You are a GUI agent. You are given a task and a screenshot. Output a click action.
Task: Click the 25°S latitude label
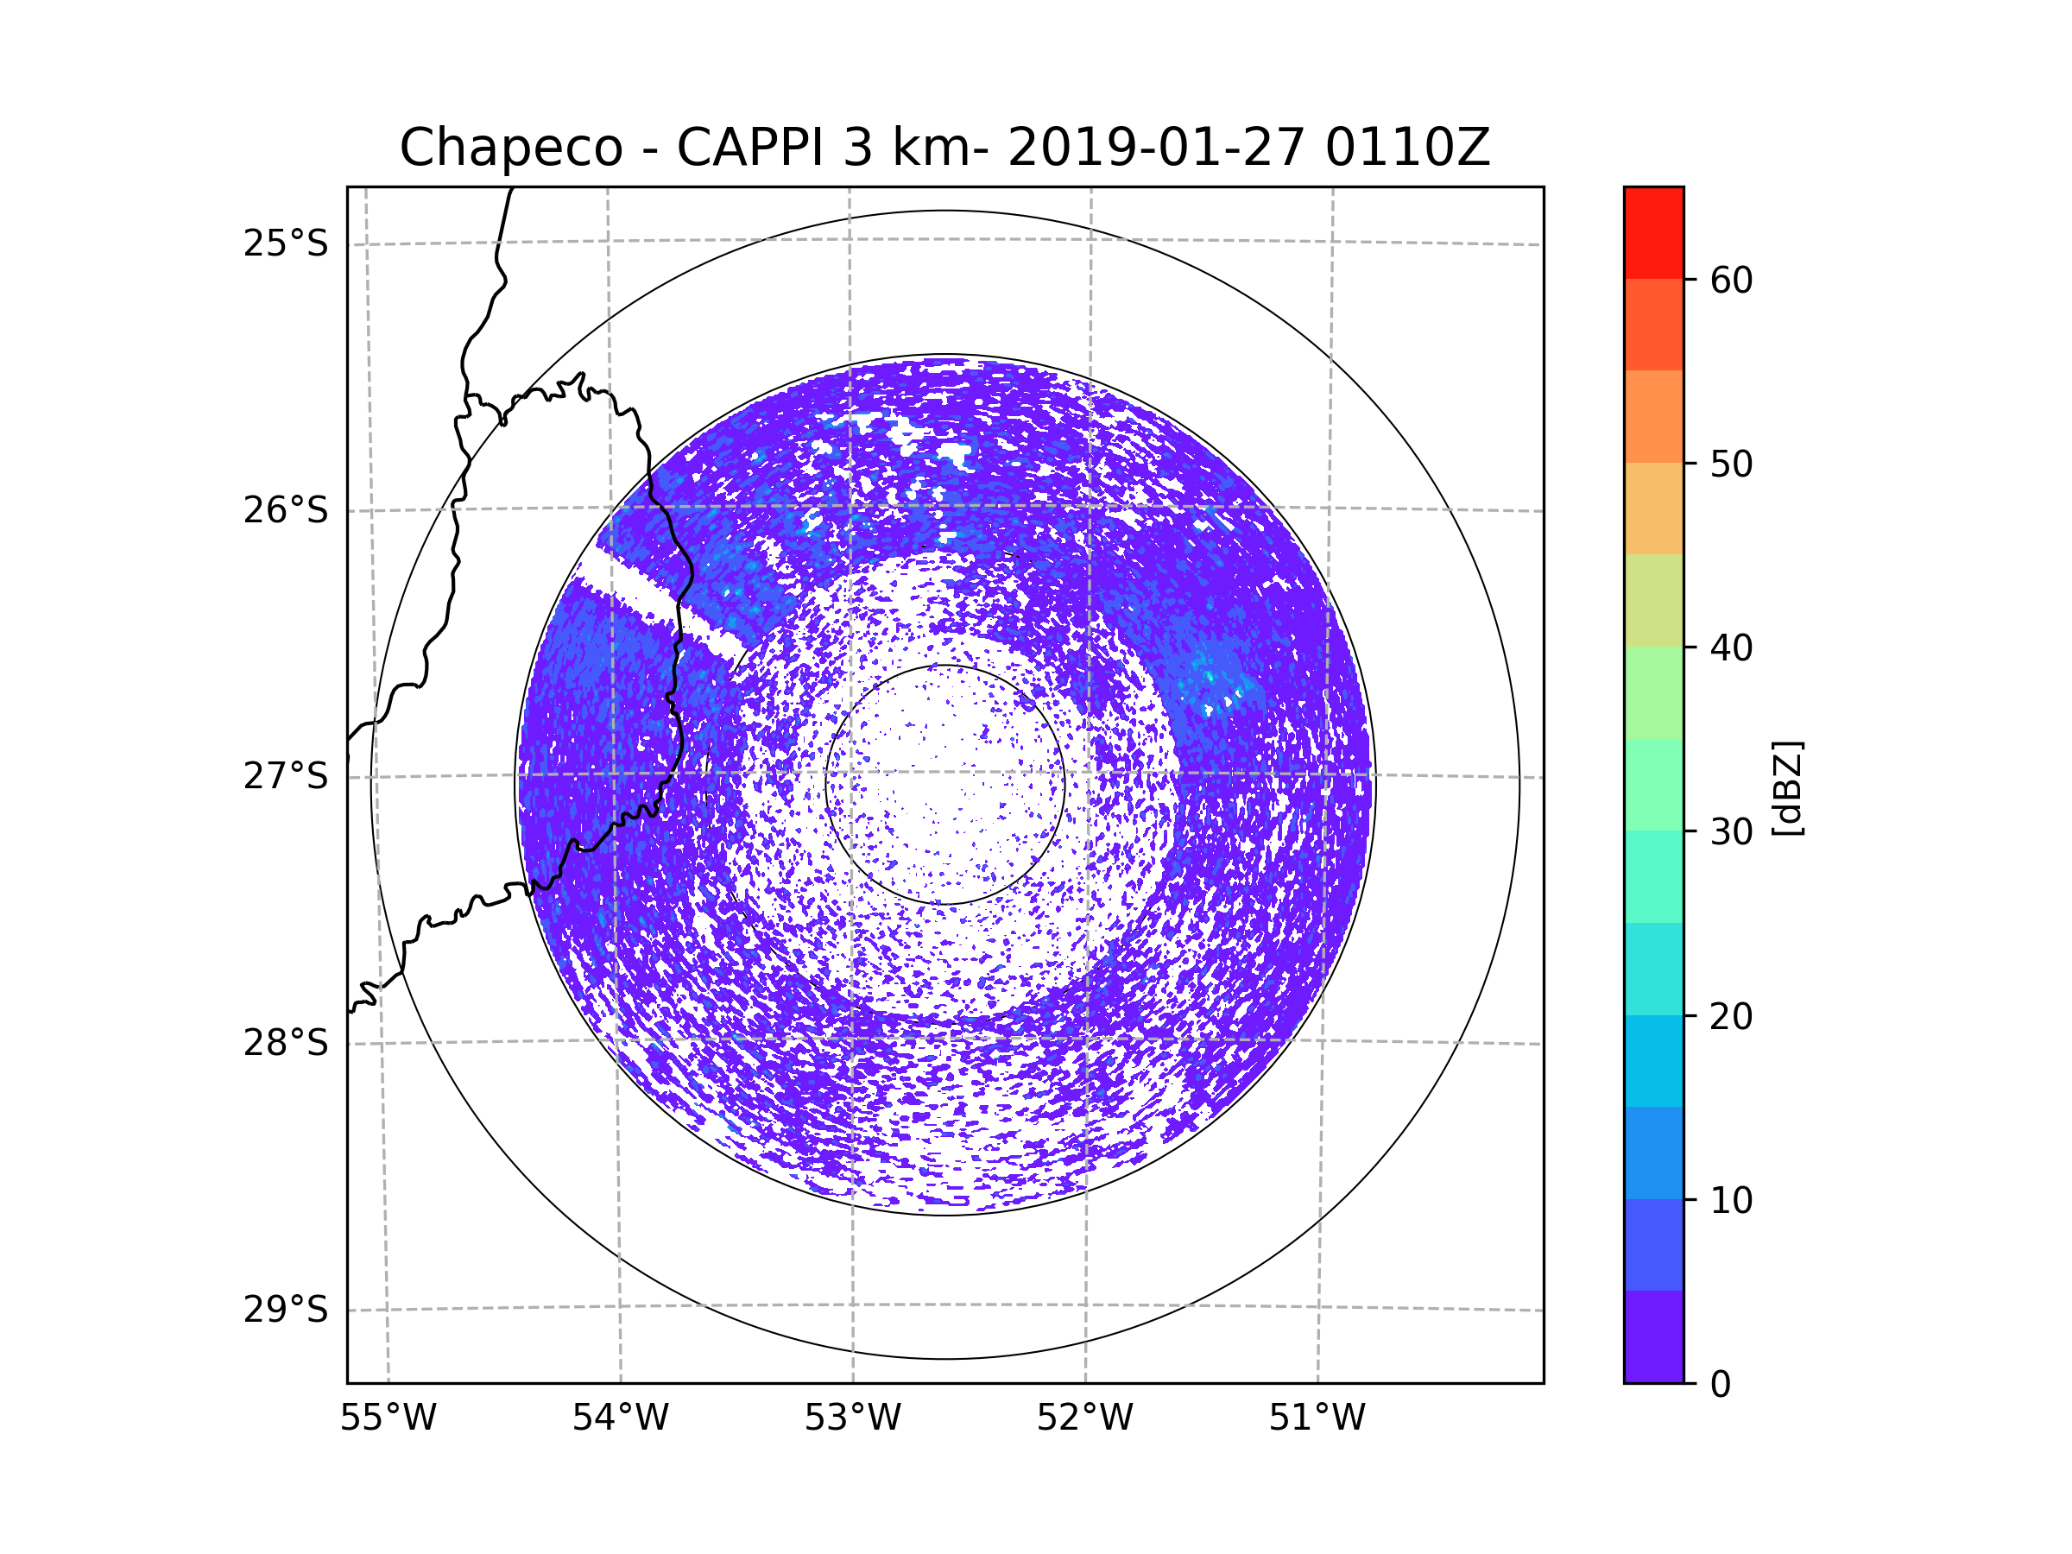[x=286, y=243]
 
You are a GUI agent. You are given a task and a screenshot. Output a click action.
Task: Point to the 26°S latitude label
[x=286, y=510]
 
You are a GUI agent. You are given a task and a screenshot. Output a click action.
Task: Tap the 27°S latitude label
[x=286, y=776]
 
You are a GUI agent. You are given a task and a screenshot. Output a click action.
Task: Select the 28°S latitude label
[x=286, y=1043]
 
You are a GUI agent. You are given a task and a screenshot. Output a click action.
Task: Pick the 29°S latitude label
[x=286, y=1310]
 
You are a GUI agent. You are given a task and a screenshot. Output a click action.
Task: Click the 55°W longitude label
[x=388, y=1418]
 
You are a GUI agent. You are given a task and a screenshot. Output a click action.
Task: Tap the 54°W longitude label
[x=620, y=1418]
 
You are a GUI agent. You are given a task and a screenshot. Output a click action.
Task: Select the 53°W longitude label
[x=852, y=1418]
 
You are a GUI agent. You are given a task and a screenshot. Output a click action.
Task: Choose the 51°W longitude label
[x=1317, y=1418]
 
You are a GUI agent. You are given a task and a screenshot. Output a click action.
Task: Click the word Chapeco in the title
[x=510, y=148]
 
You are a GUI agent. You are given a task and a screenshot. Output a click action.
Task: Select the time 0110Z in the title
[x=1407, y=148]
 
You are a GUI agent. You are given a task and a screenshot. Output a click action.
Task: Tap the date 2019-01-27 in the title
[x=1156, y=148]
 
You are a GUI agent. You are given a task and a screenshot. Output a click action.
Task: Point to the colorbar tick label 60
[x=1731, y=280]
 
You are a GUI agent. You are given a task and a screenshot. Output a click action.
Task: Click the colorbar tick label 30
[x=1731, y=831]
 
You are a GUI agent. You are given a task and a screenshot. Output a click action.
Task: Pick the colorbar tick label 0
[x=1721, y=1385]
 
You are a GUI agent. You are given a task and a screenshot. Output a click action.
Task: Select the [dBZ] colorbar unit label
[x=1787, y=787]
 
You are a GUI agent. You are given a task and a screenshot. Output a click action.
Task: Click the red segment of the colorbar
[x=1653, y=232]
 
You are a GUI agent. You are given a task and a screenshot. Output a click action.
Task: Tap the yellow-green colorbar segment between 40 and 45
[x=1653, y=600]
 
